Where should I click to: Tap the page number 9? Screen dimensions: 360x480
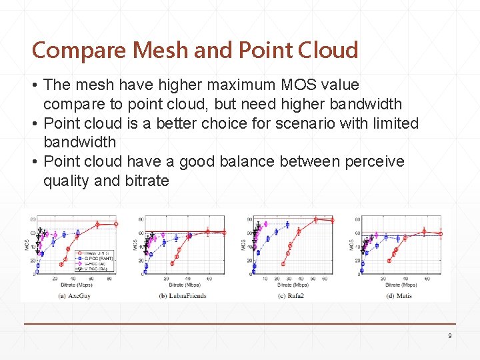pos(449,336)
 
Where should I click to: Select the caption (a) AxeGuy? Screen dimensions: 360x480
pos(74,295)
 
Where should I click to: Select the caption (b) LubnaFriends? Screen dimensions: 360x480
pos(182,295)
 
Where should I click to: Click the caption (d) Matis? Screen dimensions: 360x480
pos(399,295)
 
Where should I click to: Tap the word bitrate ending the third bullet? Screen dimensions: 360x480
pos(146,181)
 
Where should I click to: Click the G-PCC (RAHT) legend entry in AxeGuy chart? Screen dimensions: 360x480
pos(94,259)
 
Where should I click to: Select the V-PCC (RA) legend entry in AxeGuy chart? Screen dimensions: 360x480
pos(93,269)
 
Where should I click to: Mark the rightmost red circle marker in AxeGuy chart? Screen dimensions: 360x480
pos(116,224)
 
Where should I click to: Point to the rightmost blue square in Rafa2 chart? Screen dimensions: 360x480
pos(288,225)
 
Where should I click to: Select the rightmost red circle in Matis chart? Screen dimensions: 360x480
pos(440,234)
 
